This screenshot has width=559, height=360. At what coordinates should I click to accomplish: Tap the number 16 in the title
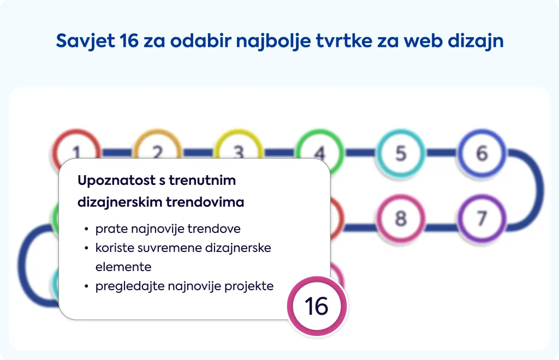[129, 40]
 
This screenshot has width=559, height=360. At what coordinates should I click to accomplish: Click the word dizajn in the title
[475, 40]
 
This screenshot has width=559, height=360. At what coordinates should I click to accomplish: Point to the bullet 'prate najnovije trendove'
[168, 229]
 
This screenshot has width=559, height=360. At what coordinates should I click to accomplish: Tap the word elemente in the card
[123, 267]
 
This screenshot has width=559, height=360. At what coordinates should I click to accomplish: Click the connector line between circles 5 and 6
[441, 153]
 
